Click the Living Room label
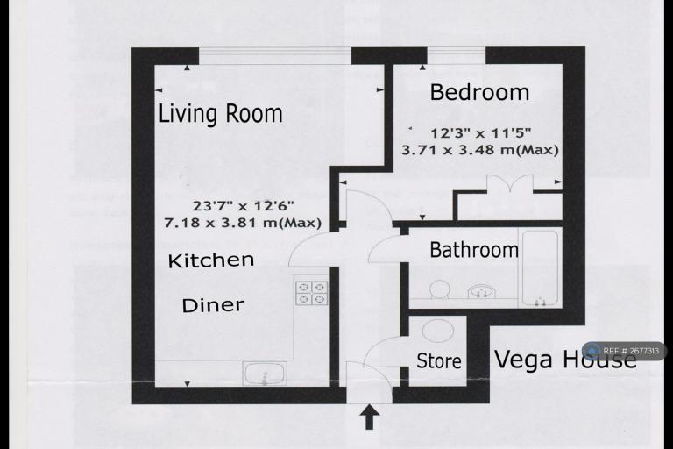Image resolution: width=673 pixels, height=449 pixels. point(220,114)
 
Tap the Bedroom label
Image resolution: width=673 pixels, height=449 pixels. point(479,92)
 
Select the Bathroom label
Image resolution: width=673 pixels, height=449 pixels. point(473,250)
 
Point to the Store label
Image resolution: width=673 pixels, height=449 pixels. point(438,360)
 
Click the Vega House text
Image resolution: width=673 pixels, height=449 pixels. point(565,360)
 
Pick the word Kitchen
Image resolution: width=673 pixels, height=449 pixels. point(211,260)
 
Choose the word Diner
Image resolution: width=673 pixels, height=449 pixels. point(213,305)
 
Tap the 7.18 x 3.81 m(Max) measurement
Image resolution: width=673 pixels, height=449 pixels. point(243,223)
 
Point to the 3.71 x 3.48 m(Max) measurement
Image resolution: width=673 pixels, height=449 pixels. point(479,150)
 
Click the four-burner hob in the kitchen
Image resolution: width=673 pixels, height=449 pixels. point(310,291)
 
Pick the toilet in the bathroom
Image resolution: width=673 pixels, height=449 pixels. point(437,289)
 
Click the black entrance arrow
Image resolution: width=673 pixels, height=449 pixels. point(369,417)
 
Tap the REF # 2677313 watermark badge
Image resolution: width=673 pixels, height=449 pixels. point(625,351)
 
